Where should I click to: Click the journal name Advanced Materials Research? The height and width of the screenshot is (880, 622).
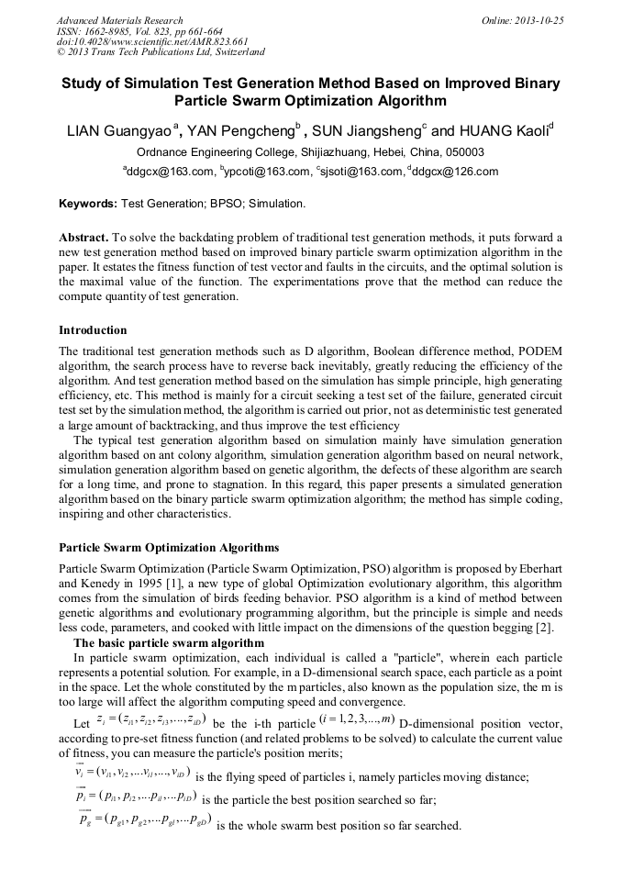(x=120, y=20)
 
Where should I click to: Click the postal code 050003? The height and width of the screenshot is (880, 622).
(x=463, y=152)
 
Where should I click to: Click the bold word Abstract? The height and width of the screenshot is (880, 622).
(x=84, y=236)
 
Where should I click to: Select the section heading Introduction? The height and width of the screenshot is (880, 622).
(x=93, y=330)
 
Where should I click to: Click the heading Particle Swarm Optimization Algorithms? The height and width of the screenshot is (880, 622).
(x=169, y=548)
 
